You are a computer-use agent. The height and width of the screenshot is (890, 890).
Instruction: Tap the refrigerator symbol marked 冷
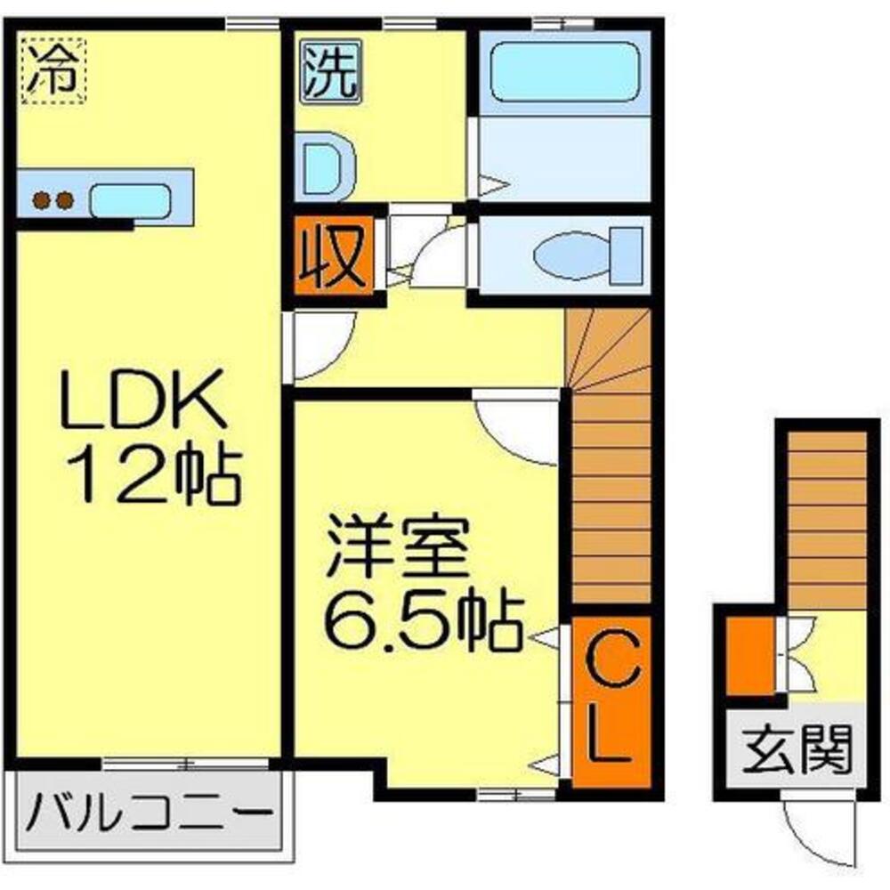53,70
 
